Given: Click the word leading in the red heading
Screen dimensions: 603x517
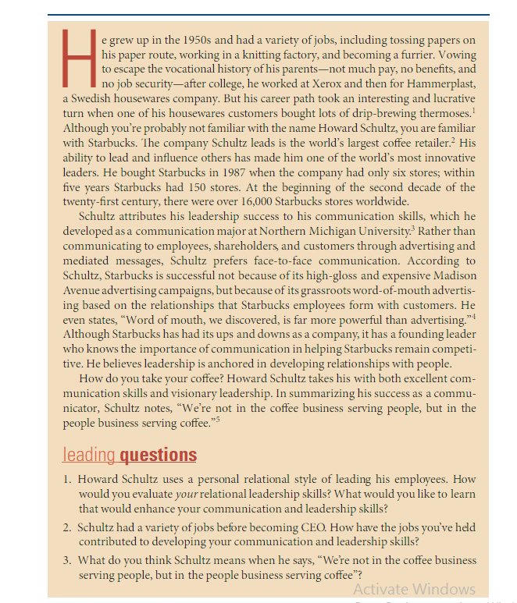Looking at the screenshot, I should [88, 454].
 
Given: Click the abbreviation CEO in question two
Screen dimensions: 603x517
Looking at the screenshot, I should [291, 525].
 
